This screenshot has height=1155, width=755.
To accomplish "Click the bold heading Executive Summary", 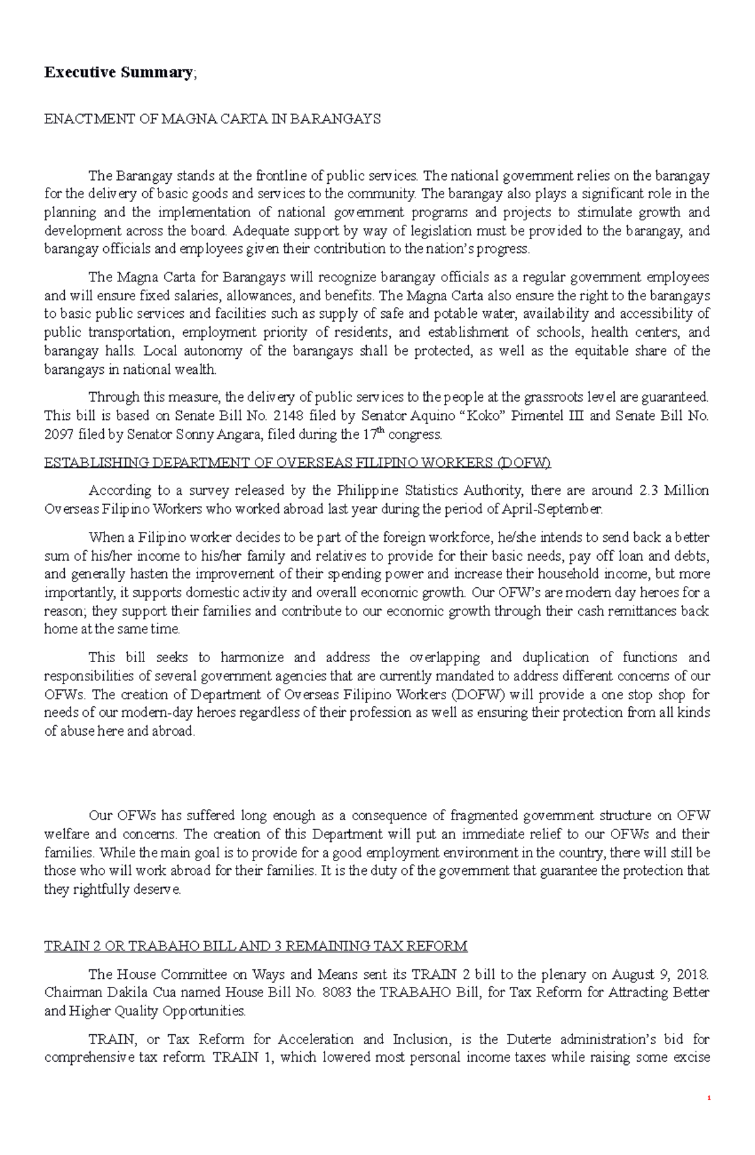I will [118, 72].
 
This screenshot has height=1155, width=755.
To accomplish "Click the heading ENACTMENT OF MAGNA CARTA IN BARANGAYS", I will [212, 120].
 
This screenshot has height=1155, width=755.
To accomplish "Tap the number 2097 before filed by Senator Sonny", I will [59, 434].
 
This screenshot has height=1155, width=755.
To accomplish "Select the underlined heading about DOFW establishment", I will [297, 463].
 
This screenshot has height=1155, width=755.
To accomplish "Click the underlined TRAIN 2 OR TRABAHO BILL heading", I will [255, 946].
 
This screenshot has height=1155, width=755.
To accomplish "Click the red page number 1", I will [709, 1116].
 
